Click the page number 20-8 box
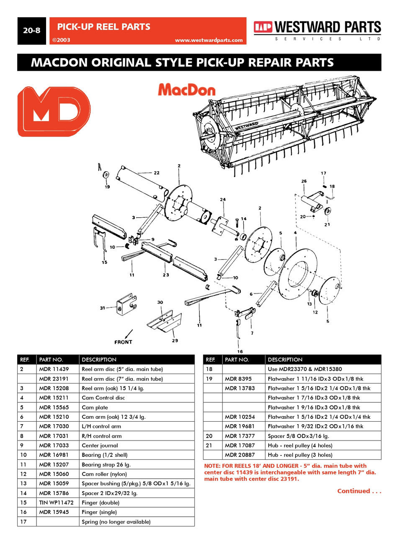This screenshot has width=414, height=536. coord(32,31)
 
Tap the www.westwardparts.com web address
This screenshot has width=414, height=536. coord(208,40)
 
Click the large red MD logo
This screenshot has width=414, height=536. coord(54,111)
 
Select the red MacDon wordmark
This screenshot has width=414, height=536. coord(187,90)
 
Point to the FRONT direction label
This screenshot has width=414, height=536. coord(123,342)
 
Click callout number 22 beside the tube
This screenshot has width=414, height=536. coord(157,173)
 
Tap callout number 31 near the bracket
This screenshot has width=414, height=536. coord(103,308)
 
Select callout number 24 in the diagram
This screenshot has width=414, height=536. coord(223,199)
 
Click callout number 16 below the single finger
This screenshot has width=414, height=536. coord(240,351)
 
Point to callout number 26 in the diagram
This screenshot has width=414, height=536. coord(304,181)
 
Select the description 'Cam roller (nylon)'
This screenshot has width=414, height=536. coord(104,474)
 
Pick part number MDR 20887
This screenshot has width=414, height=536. coord(239,455)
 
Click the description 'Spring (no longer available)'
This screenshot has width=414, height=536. coord(116,522)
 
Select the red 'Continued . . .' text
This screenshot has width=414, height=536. coord(359,491)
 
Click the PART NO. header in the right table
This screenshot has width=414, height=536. coord(237,360)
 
